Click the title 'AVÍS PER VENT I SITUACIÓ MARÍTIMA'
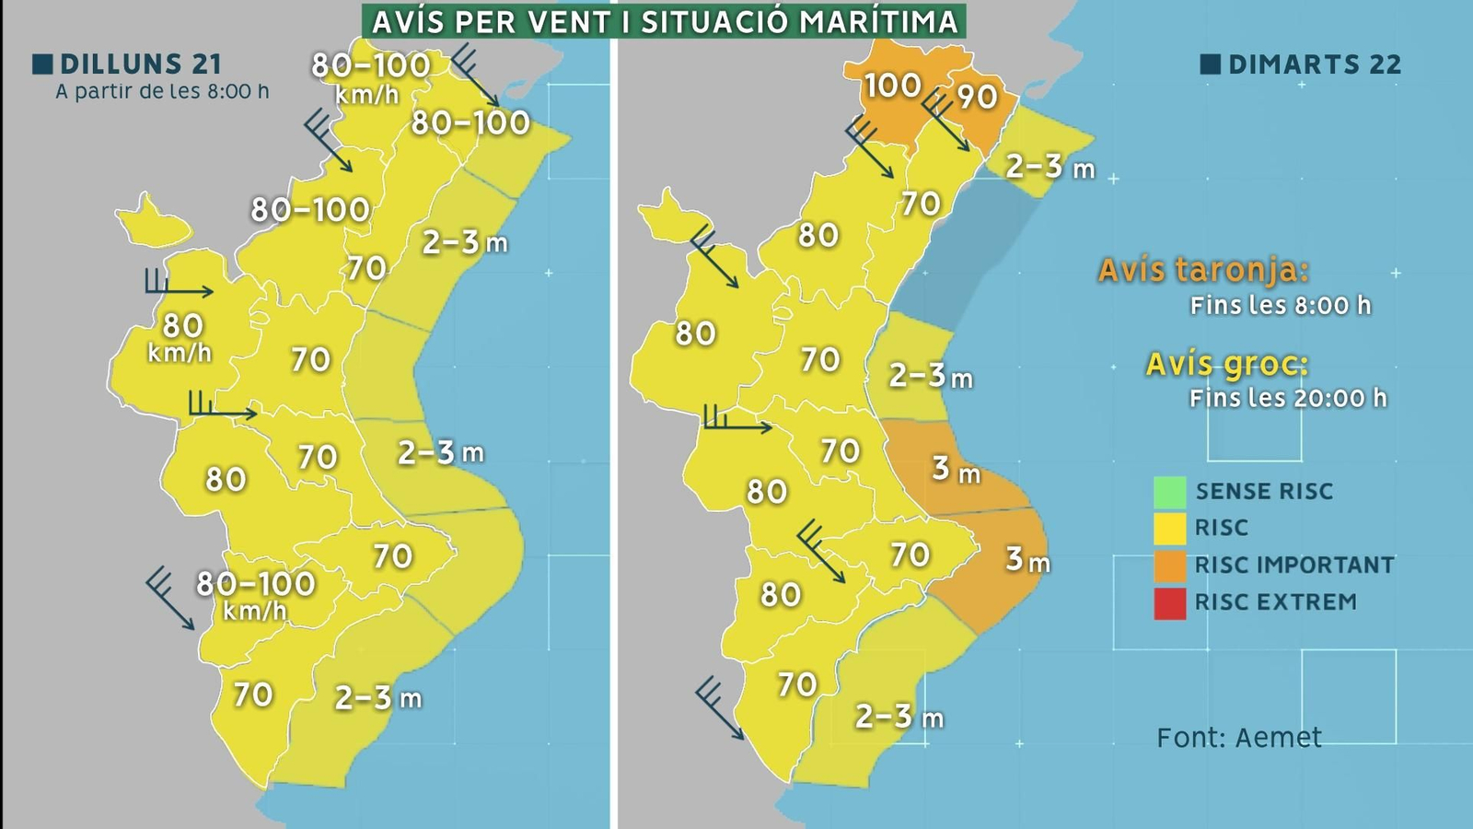[664, 20]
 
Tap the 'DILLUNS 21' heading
[140, 64]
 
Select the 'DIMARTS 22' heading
[1314, 64]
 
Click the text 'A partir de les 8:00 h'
[162, 92]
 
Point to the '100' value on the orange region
[892, 86]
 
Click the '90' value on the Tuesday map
[977, 96]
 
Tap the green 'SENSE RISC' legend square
[1169, 492]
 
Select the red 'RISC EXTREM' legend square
[1169, 603]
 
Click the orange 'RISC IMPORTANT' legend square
[1169, 566]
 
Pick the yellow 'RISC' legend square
[1169, 529]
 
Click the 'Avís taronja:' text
[1203, 271]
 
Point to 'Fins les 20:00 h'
[1287, 398]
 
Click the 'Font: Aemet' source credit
[1238, 738]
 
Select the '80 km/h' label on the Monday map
[181, 337]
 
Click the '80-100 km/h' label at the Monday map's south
[255, 594]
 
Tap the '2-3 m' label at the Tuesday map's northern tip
[1050, 167]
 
